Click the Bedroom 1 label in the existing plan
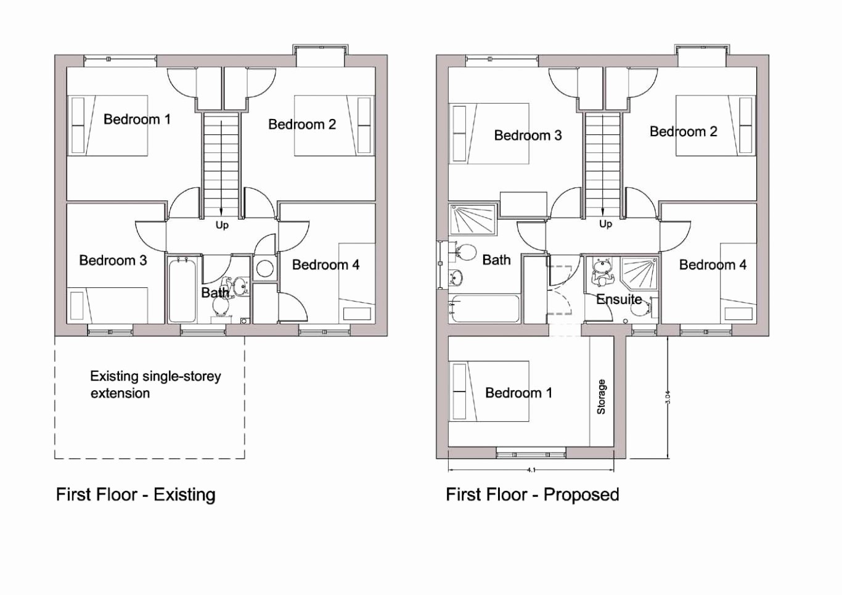[137, 119]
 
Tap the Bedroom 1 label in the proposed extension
[518, 393]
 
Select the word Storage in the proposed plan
[602, 396]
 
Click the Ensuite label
[619, 300]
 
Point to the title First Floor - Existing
[136, 494]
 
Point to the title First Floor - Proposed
[532, 494]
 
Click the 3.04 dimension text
[668, 397]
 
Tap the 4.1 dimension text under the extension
[531, 470]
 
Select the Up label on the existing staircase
[222, 225]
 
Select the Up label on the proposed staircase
[605, 224]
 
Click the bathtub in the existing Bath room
[182, 290]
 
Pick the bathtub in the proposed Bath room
[484, 308]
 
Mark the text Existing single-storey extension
[155, 384]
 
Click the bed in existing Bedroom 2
[333, 125]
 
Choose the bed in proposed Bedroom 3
[490, 133]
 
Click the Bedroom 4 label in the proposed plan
[713, 265]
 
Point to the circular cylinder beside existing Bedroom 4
[265, 268]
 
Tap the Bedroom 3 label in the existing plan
[113, 260]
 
